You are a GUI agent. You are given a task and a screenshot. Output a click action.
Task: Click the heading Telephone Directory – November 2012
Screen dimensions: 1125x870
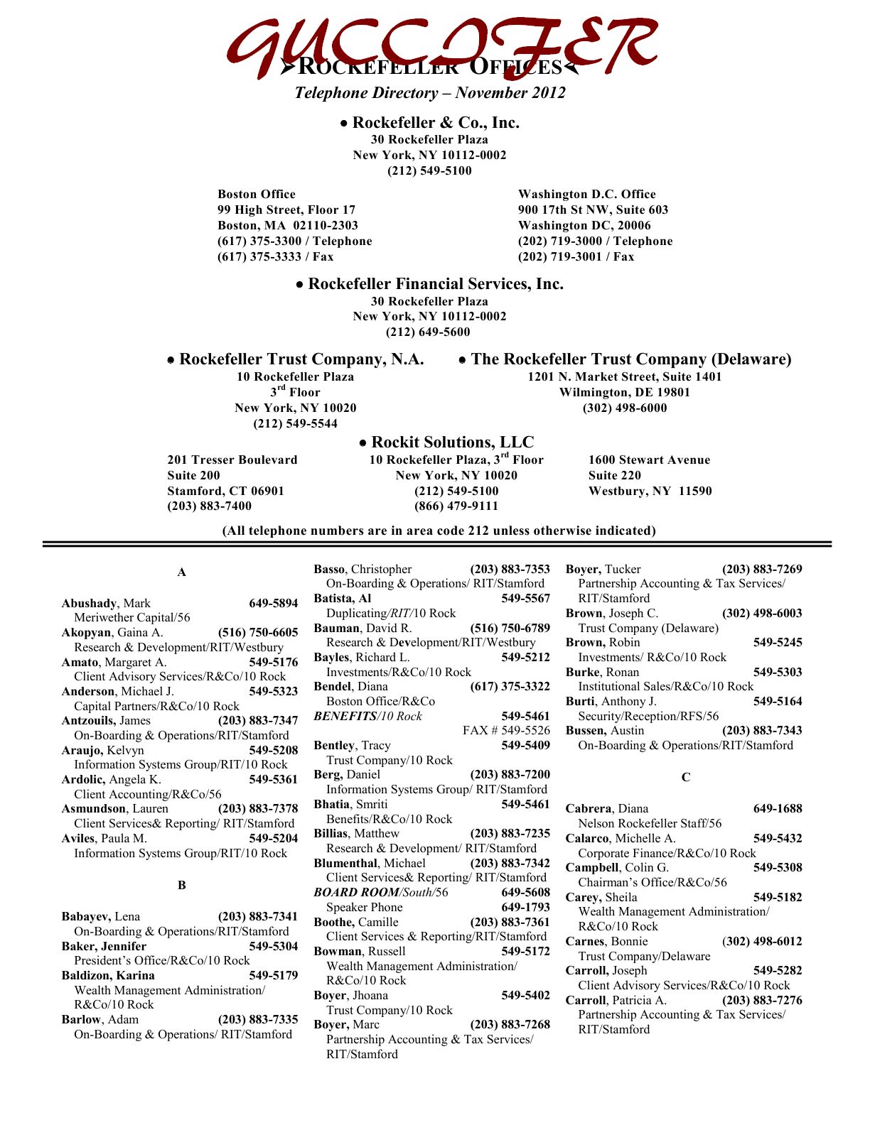[430, 93]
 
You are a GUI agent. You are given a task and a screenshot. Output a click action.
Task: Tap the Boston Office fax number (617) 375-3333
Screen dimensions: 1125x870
[275, 257]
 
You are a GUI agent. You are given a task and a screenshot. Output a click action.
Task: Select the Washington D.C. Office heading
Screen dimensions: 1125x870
[586, 195]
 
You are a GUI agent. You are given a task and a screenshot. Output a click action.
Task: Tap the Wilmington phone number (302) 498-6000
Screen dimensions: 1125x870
[624, 408]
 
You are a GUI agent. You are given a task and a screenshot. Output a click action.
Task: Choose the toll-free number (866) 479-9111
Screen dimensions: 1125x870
[456, 506]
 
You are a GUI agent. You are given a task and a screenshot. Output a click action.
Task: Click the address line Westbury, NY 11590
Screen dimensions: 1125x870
[650, 491]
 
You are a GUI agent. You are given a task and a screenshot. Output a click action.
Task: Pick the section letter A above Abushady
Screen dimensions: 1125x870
[182, 572]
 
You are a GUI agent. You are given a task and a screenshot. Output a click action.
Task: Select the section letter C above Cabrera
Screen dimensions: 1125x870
[685, 778]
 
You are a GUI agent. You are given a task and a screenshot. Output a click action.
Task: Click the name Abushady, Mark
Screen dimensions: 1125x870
[106, 604]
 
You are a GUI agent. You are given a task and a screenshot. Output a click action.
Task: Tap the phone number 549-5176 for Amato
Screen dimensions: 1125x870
[273, 663]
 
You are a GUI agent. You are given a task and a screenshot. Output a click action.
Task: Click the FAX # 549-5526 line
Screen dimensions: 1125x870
[505, 731]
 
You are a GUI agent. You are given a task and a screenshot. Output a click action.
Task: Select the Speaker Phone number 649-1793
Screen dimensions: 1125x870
[525, 908]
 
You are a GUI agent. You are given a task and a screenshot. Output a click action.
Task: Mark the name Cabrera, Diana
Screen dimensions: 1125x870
[606, 809]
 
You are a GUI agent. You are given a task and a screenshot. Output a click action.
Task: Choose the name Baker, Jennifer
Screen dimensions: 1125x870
[104, 947]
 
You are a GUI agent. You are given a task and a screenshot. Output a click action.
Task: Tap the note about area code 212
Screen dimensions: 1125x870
[439, 531]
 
